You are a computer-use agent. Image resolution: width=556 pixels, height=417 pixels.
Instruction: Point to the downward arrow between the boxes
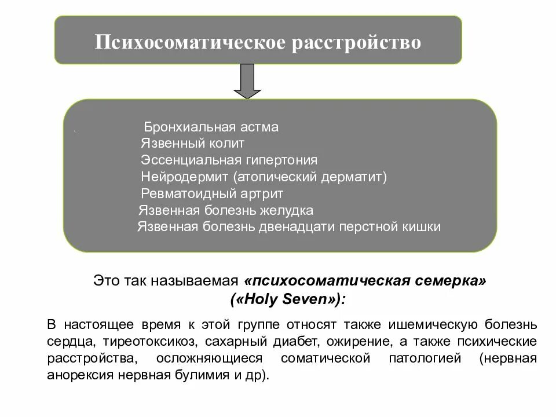(247, 81)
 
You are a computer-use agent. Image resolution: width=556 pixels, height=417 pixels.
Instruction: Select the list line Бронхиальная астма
(211, 127)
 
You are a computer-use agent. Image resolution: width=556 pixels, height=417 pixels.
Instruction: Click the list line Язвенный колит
(192, 143)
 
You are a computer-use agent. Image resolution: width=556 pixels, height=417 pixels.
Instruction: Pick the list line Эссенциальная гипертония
(229, 160)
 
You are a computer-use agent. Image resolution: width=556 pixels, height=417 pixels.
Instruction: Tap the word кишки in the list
(422, 226)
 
